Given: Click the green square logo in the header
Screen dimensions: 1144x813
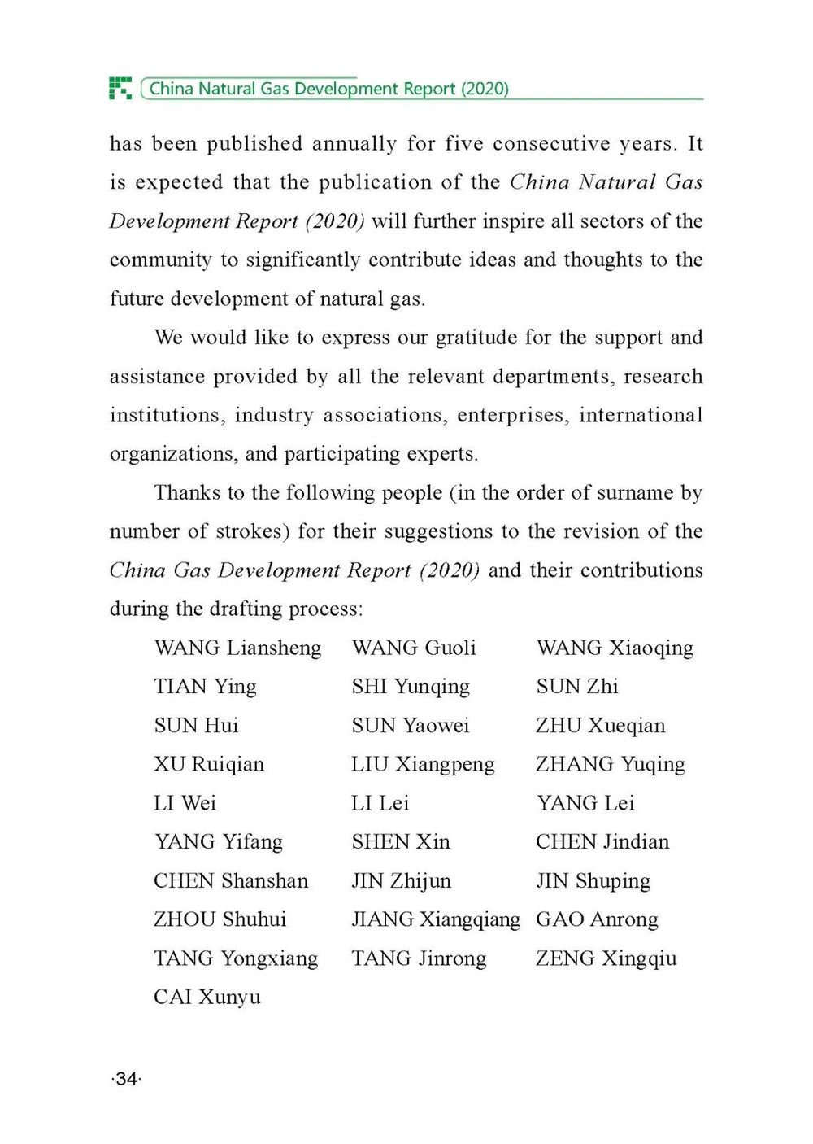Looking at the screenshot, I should [x=120, y=88].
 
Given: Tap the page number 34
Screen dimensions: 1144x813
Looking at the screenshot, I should [x=126, y=1079].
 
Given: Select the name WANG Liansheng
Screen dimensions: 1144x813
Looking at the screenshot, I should [x=237, y=648].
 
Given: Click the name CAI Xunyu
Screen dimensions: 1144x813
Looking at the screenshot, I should [x=207, y=998].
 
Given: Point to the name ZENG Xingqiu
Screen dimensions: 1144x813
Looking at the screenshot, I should [x=606, y=958].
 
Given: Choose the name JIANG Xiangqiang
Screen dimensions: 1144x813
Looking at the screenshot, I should [x=435, y=919].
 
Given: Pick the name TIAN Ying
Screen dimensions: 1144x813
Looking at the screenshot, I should [x=205, y=687].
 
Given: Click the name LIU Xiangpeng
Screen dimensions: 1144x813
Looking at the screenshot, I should [x=423, y=765].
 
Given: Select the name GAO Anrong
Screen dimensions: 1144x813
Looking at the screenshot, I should [x=597, y=919].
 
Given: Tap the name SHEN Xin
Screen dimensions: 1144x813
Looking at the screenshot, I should [x=401, y=842].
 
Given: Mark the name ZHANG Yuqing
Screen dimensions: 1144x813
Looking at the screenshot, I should [x=610, y=765].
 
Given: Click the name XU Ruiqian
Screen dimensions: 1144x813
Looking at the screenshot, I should [x=209, y=765].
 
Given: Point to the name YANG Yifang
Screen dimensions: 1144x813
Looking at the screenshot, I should [x=218, y=842].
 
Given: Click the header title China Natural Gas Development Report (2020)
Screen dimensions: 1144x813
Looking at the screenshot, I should [x=328, y=89].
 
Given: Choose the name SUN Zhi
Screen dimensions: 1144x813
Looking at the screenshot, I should [x=577, y=687].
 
